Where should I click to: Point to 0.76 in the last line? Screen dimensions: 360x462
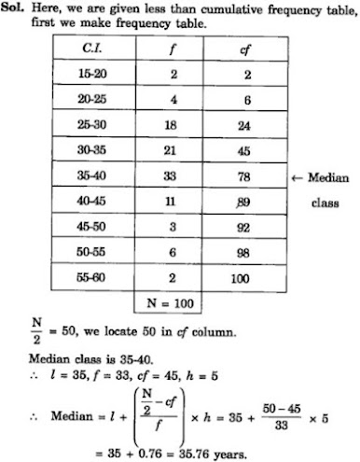click(x=143, y=452)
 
